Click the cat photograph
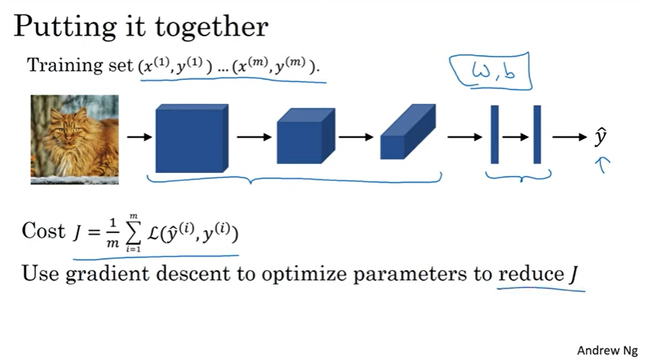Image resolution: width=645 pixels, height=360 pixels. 75,140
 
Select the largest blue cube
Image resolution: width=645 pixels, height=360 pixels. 191,138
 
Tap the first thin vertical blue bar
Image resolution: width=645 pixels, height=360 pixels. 495,134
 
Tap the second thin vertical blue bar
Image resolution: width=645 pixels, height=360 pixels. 537,134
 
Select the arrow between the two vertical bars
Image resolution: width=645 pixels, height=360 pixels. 516,137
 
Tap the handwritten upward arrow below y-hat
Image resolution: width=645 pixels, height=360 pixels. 603,165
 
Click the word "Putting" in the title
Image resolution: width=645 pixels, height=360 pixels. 61,27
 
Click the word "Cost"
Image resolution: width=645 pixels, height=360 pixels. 44,231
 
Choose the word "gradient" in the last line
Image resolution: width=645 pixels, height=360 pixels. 112,274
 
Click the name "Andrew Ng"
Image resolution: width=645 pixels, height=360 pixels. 607,350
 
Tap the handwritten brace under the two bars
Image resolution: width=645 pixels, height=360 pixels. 518,177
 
